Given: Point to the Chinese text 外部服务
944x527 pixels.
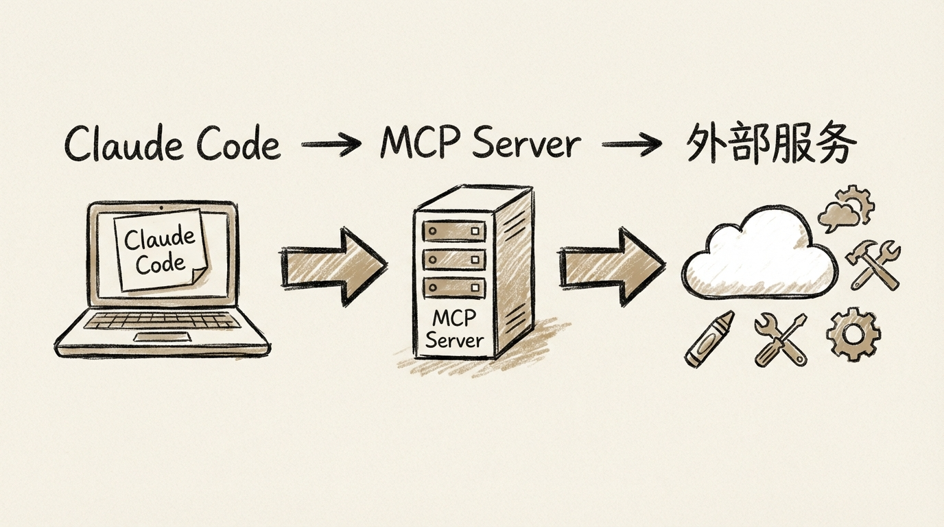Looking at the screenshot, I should pyautogui.click(x=771, y=145).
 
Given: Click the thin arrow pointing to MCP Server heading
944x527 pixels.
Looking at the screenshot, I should pyautogui.click(x=331, y=145).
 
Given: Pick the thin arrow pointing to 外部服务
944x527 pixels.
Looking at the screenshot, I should pyautogui.click(x=631, y=145).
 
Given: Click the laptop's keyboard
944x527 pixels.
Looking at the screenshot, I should pyautogui.click(x=162, y=320).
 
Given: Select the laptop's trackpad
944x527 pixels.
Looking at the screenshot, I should pyautogui.click(x=163, y=336).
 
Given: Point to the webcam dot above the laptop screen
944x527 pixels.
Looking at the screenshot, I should pyautogui.click(x=161, y=207).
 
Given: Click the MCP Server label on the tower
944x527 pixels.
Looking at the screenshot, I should pyautogui.click(x=453, y=329).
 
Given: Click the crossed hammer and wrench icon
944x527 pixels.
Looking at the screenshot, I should pyautogui.click(x=873, y=264).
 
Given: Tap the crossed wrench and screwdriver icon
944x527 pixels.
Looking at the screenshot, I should pyautogui.click(x=780, y=340).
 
